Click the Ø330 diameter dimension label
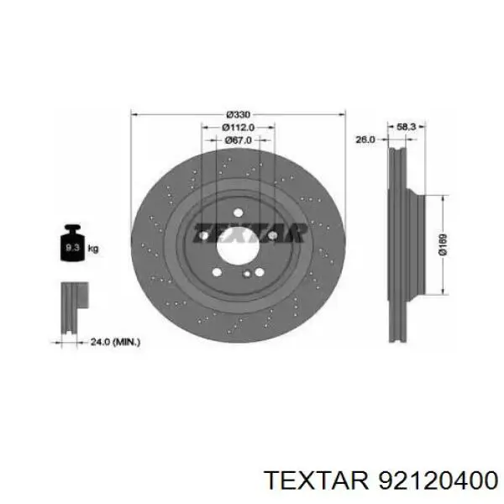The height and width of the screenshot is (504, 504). click(239, 114)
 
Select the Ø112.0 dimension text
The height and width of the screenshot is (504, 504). click(239, 128)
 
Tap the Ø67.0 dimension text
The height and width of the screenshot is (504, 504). click(239, 140)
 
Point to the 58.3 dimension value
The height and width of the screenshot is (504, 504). click(407, 127)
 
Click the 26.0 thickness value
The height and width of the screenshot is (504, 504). click(365, 139)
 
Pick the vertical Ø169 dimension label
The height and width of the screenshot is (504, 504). click(443, 245)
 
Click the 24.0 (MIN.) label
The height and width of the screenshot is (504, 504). click(115, 342)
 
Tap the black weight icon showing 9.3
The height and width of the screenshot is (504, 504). click(72, 243)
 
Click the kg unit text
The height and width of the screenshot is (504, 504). click(93, 249)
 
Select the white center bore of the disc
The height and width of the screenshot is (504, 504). click(238, 246)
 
